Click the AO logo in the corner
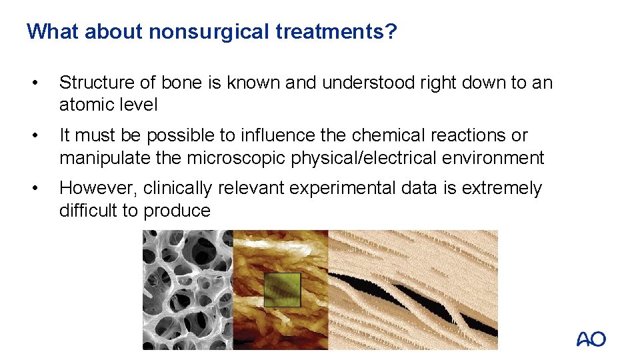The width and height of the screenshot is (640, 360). click(591, 339)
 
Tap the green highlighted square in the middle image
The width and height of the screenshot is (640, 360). click(283, 289)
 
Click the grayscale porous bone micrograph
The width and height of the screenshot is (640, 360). click(187, 289)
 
